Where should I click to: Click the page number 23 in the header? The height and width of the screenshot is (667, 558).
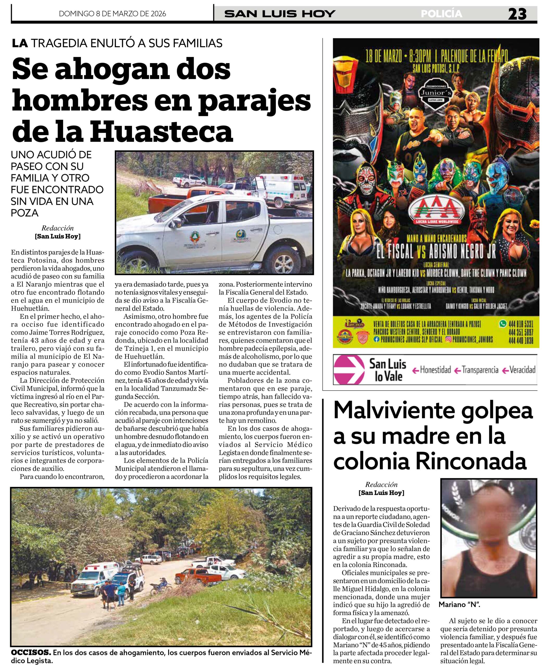pyautogui.click(x=517, y=14)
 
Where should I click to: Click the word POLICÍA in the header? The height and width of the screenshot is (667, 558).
pyautogui.click(x=442, y=14)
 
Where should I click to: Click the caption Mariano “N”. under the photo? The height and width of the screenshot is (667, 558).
pyautogui.click(x=459, y=605)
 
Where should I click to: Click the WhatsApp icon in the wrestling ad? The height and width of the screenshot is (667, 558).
pyautogui.click(x=503, y=324)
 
